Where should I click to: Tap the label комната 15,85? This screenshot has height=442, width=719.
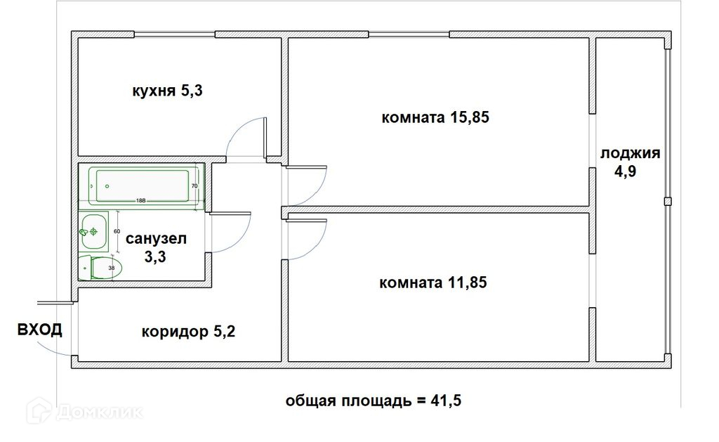(435, 117)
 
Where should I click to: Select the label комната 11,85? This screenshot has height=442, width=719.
(433, 283)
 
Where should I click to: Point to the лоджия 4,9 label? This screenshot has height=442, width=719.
(629, 162)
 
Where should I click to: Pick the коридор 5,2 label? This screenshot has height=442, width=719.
(188, 331)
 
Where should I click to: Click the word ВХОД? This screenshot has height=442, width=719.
(39, 329)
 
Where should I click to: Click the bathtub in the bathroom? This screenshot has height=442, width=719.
(140, 186)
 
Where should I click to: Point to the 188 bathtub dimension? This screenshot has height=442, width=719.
(140, 200)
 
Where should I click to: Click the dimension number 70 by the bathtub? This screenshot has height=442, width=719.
(194, 186)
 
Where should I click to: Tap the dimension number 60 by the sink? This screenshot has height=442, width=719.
(117, 231)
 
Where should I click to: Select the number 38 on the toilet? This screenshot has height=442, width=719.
(110, 267)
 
